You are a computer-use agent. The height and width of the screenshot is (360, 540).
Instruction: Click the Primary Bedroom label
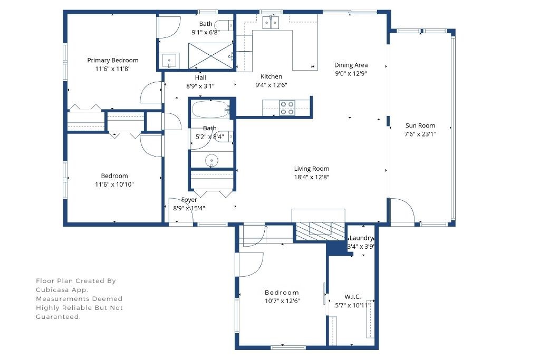[113, 60]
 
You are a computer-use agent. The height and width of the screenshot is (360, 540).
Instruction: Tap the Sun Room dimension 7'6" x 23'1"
[420, 134]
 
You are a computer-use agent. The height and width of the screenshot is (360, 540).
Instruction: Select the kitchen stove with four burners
[287, 108]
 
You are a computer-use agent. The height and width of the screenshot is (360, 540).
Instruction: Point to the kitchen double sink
[271, 22]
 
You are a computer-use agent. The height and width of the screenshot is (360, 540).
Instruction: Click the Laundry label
[362, 238]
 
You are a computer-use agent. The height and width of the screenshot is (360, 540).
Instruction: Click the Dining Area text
[351, 65]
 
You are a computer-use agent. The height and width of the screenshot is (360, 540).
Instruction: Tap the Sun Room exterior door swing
[402, 211]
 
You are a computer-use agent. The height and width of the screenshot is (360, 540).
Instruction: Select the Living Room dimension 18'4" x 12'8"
[312, 178]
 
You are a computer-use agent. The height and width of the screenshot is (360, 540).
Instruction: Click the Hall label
[200, 77]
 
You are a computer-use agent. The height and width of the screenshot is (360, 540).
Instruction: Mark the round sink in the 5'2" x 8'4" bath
[212, 160]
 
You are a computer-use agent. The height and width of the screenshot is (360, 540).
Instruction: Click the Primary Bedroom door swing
[151, 94]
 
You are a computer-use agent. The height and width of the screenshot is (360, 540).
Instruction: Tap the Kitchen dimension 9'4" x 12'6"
[271, 85]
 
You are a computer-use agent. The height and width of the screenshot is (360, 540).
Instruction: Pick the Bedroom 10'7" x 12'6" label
[282, 293]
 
